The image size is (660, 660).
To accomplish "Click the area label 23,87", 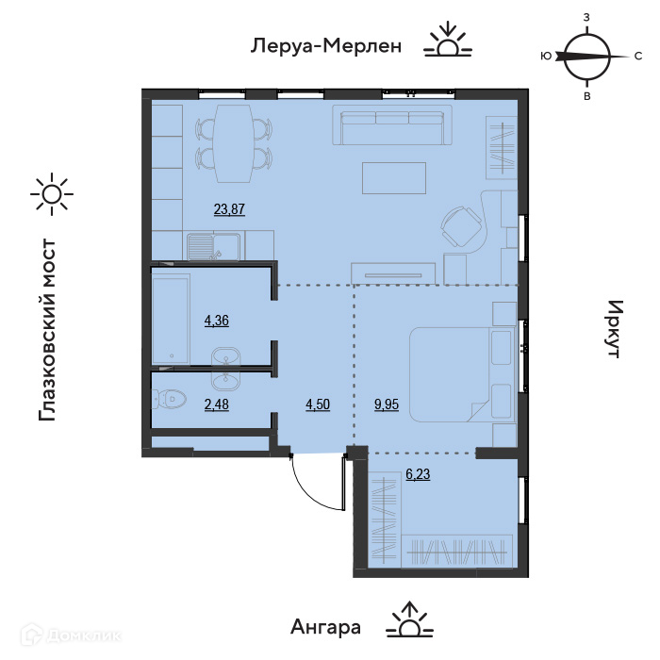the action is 229,208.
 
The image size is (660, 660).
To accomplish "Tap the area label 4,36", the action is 217,321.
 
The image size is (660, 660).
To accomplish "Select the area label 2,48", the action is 217,404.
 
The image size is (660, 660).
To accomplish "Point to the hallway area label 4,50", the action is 318,404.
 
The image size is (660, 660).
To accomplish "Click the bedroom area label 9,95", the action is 387,404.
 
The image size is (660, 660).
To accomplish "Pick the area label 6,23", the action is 418,474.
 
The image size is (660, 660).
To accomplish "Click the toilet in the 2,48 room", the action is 169,399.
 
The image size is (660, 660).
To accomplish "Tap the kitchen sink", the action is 214,247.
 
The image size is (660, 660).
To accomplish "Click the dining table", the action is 234,143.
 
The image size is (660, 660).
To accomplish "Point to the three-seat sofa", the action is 392,125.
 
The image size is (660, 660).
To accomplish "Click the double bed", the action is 462,374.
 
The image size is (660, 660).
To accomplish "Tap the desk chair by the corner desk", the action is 461,226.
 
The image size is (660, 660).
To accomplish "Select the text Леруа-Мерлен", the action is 326,46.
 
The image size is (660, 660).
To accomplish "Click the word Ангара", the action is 325,627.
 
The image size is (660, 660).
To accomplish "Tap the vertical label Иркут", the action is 615,329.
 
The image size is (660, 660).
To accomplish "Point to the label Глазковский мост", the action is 47,330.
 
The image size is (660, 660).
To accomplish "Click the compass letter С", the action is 638,56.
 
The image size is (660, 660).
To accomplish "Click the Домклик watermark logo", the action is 71,635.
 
